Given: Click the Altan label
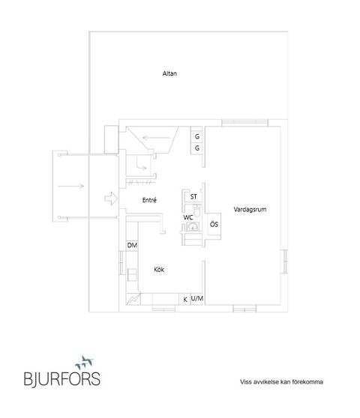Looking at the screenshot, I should click(x=169, y=73).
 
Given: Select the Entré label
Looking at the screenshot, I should click(x=148, y=199).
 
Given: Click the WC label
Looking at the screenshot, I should click(x=188, y=216).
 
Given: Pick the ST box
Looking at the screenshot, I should click(x=193, y=197).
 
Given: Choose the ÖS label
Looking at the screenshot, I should click(x=214, y=224).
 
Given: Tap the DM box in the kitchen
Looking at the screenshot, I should click(x=132, y=246).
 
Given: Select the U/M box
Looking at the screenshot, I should click(x=197, y=299).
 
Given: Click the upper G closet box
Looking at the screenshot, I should click(x=197, y=137).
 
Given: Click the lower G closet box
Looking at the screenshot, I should click(x=197, y=148).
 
